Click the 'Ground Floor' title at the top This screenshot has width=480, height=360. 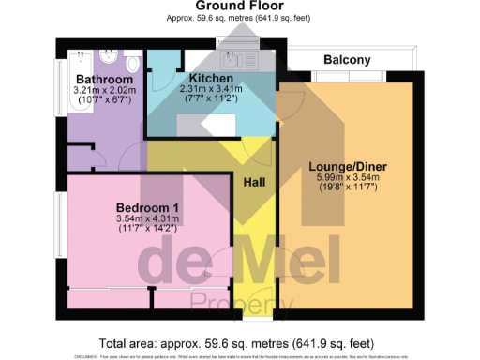click(240, 6)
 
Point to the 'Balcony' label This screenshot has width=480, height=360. click(347, 60)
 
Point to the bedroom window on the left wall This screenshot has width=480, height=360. click(58, 231)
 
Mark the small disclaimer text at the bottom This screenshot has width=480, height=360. click(240, 357)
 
